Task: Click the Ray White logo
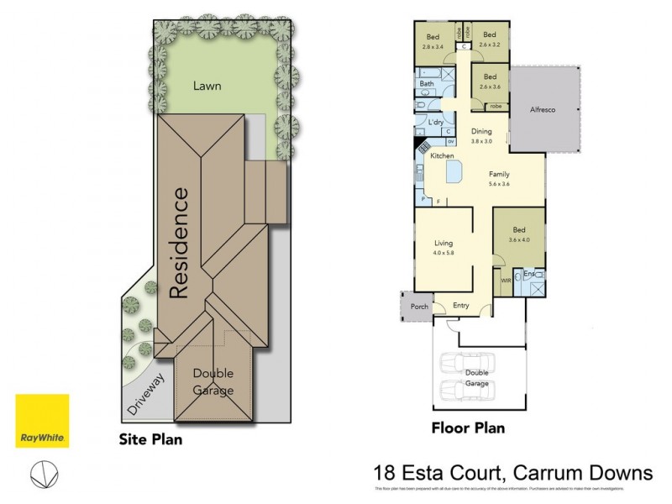[x=42, y=421]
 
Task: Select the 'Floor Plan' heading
[x=468, y=428]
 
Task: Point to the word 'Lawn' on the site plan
[x=207, y=85]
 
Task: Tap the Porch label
[x=418, y=307]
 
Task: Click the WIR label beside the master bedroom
[x=506, y=280]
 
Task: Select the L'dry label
[x=436, y=123]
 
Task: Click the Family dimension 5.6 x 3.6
[x=500, y=183]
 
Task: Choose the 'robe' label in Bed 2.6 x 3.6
[x=496, y=107]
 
